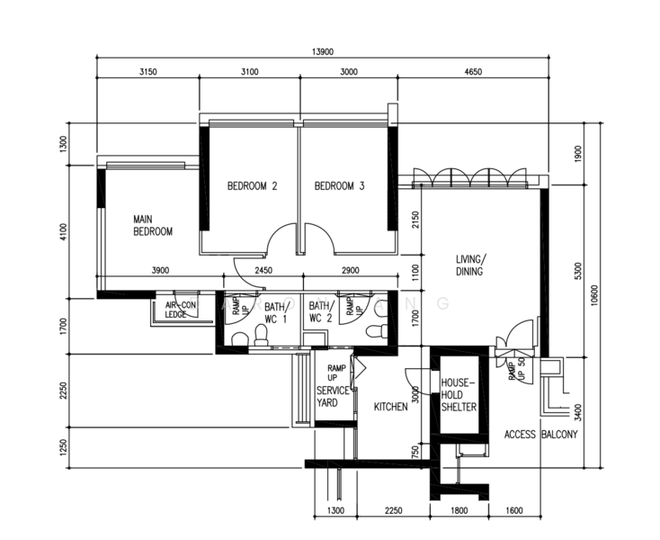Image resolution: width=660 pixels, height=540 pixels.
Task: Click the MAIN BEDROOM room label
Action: pyautogui.click(x=152, y=225)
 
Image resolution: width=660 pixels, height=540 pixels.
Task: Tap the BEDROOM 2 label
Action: pyautogui.click(x=252, y=186)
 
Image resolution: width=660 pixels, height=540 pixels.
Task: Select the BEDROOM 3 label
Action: pyautogui.click(x=339, y=186)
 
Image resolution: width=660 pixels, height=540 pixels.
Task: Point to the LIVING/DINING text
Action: pyautogui.click(x=469, y=265)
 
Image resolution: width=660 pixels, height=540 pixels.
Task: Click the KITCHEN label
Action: pyautogui.click(x=391, y=407)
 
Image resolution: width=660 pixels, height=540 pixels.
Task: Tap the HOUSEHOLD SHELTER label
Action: pyautogui.click(x=458, y=395)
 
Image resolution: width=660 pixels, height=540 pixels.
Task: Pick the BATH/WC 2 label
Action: pyautogui.click(x=320, y=312)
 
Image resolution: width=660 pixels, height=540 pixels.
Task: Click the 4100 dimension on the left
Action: pyautogui.click(x=63, y=231)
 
